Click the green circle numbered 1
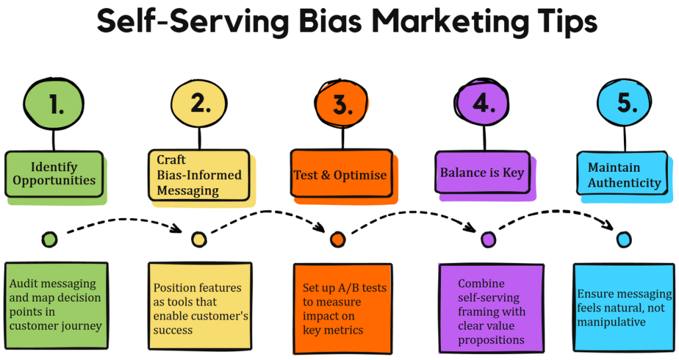pos(54,105)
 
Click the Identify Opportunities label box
pos(54,174)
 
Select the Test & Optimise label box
pos(341,175)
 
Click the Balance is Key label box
pos(482,172)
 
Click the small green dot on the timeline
pos(49,239)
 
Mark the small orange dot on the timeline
pos(338,239)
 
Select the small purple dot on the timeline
pos(487,239)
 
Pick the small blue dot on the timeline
pos(623,239)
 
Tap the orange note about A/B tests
pos(340,308)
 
